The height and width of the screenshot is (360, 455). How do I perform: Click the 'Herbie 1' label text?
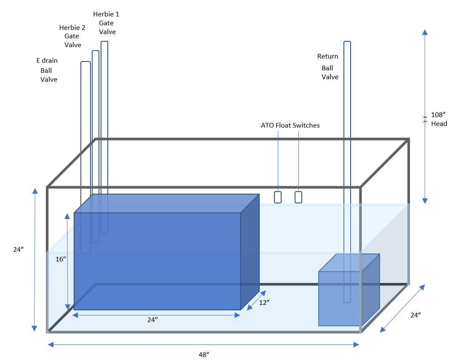pos(106,14)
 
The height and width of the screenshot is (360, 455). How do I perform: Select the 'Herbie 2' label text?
pos(72,28)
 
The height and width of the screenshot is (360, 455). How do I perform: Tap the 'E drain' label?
pos(47,61)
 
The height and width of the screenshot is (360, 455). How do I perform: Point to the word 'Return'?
pos(327,56)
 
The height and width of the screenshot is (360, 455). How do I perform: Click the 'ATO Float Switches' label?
pos(290,125)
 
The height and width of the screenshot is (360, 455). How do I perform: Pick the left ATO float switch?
pos(278,197)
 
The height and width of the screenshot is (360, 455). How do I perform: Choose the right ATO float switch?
pos(298,197)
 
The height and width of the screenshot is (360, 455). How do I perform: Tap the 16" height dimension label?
pos(61,259)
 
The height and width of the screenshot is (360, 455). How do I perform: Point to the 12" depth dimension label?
pos(264,302)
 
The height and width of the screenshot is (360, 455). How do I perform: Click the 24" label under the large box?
pos(153,320)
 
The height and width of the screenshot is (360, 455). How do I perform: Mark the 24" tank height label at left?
pos(18,249)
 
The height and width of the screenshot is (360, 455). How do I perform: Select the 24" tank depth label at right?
pos(415,315)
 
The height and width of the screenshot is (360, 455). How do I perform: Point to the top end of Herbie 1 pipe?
pos(104,43)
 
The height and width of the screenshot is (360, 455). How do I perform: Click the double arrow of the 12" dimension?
pos(256,300)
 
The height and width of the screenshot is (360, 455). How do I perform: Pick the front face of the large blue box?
pos(157,261)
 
